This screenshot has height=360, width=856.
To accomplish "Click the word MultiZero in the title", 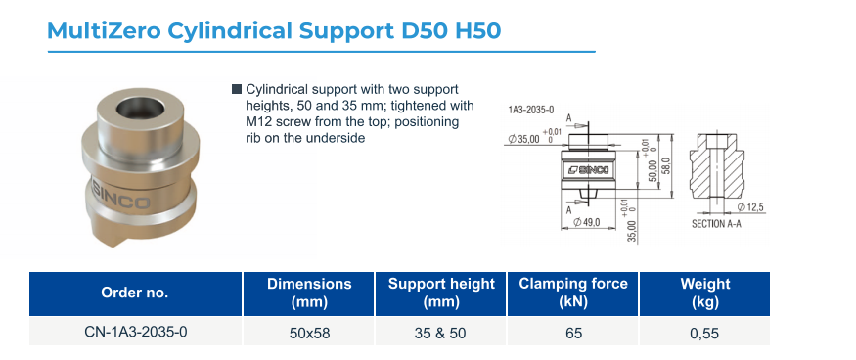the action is (x=104, y=31).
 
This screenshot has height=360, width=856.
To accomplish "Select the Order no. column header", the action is (x=135, y=292).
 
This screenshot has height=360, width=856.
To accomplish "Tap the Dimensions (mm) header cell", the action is (x=309, y=292).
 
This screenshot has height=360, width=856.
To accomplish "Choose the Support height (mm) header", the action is (x=441, y=292).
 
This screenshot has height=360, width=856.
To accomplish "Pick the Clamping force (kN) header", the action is (x=573, y=292).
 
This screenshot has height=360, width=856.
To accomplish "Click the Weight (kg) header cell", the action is (x=704, y=292).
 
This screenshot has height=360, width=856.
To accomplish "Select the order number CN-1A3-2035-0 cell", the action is (x=135, y=332).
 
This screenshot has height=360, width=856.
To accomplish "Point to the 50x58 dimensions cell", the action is (x=309, y=333).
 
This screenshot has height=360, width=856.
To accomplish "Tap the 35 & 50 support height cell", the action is (x=440, y=333).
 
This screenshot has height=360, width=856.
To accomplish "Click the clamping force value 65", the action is (x=573, y=333).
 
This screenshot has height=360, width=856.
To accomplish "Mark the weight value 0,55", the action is (x=703, y=333).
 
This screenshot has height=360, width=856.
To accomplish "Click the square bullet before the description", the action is (x=237, y=89).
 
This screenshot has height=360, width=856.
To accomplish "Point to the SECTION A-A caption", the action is (x=716, y=224).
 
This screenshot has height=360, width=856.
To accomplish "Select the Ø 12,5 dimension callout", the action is (x=749, y=207).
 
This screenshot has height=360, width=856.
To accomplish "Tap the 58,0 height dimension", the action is (x=665, y=166).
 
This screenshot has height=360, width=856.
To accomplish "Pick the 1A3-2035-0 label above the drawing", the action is (x=531, y=111).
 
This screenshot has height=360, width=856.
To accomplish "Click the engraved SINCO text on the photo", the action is (x=121, y=197).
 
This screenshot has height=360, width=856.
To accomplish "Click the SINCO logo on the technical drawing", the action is (x=587, y=170).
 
